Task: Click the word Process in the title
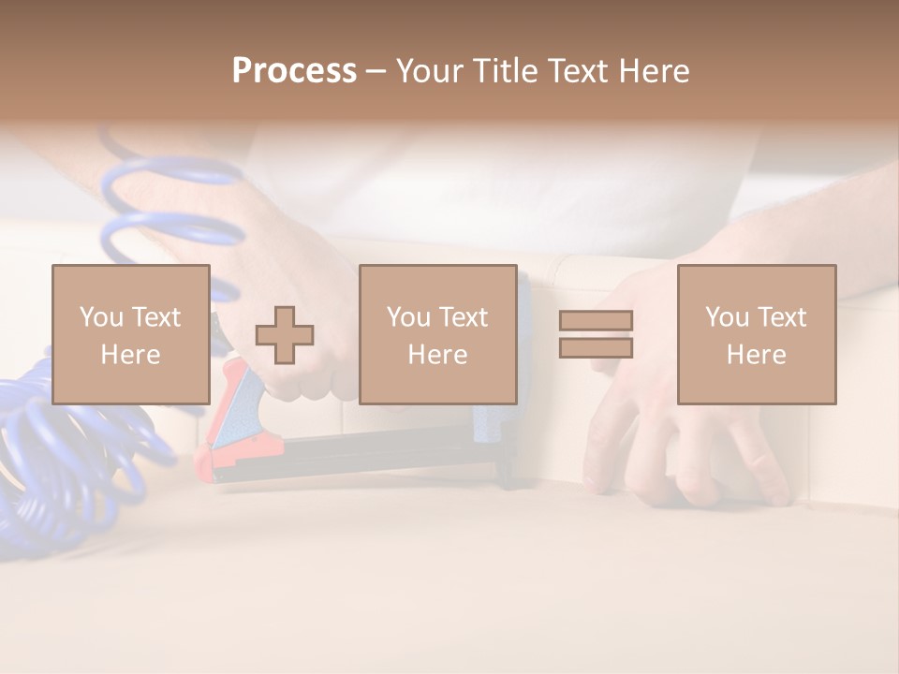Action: click(294, 71)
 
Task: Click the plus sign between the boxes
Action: click(285, 334)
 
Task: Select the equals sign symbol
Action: click(596, 334)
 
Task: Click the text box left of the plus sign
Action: click(130, 334)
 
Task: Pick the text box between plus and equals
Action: click(437, 334)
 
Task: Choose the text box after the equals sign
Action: click(756, 334)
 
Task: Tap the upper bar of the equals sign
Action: click(596, 320)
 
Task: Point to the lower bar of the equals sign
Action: click(596, 347)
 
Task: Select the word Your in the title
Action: click(427, 71)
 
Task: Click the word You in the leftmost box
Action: click(101, 316)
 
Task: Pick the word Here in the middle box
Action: click(437, 354)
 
